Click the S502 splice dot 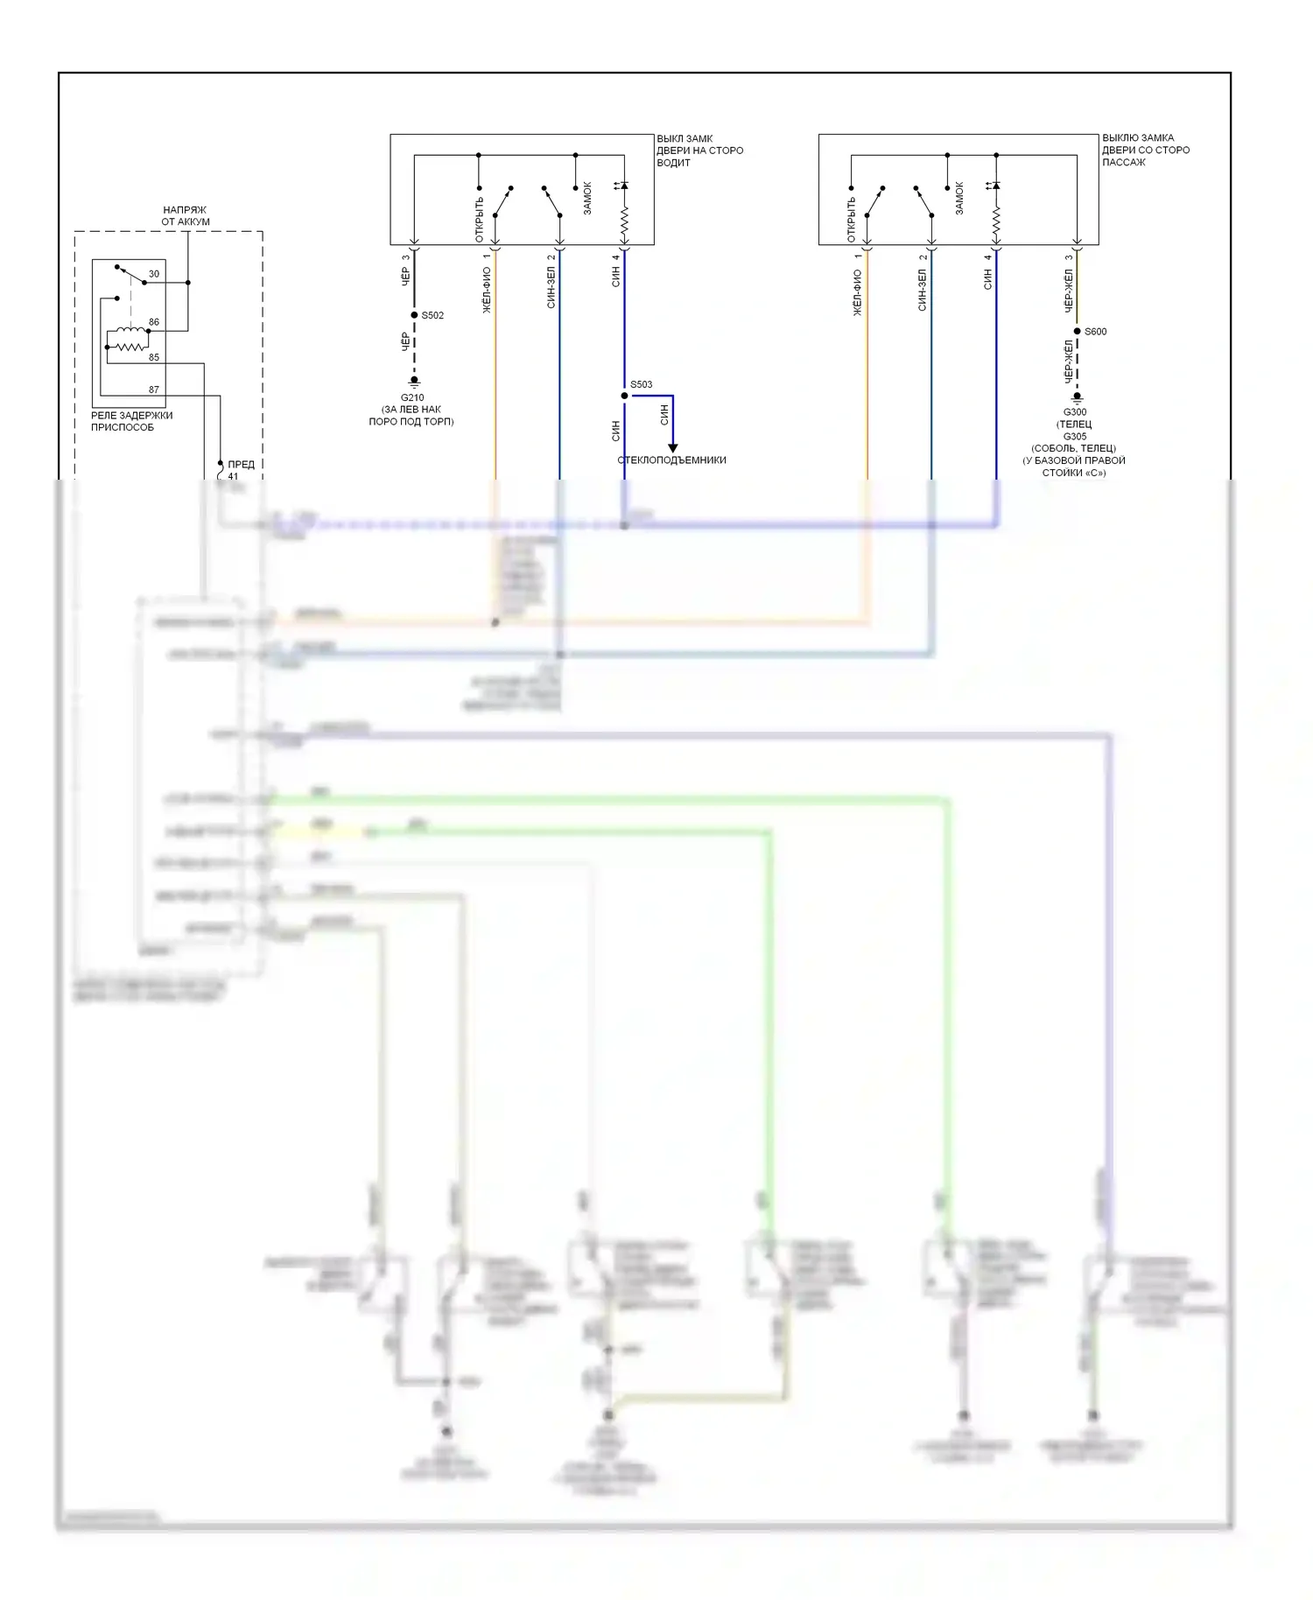pyautogui.click(x=414, y=315)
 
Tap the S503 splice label pyautogui.click(x=641, y=384)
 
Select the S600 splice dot pyautogui.click(x=1077, y=331)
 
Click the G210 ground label pyautogui.click(x=411, y=397)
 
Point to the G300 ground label pyautogui.click(x=1075, y=412)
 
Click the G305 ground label pyautogui.click(x=1075, y=437)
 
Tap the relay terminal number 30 pyautogui.click(x=154, y=274)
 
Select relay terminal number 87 pyautogui.click(x=154, y=389)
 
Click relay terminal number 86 pyautogui.click(x=154, y=322)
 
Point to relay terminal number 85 pyautogui.click(x=154, y=357)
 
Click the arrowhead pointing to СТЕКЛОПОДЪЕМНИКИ pyautogui.click(x=672, y=448)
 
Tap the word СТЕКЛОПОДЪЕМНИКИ pyautogui.click(x=672, y=460)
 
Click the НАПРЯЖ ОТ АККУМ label pyautogui.click(x=186, y=216)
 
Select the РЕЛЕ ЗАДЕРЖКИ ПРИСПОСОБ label pyautogui.click(x=131, y=421)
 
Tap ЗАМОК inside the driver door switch pyautogui.click(x=587, y=199)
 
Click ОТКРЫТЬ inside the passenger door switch pyautogui.click(x=851, y=220)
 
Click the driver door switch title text pyautogui.click(x=699, y=151)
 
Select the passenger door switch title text pyautogui.click(x=1145, y=150)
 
